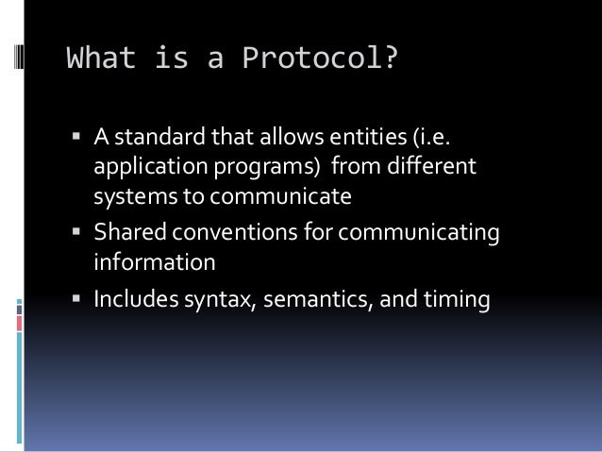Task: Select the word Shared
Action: click(x=125, y=232)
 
